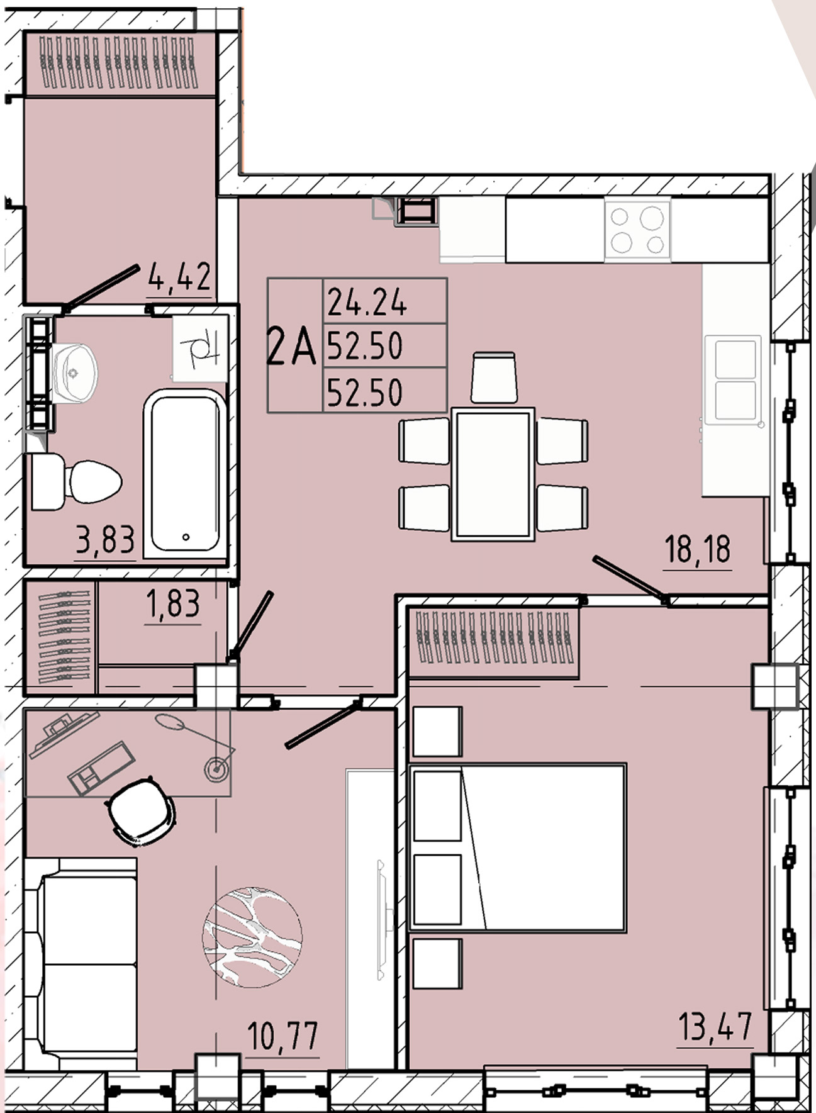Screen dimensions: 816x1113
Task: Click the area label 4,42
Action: [179, 277]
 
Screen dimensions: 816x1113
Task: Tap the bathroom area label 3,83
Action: [105, 540]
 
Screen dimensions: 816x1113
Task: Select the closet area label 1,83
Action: [172, 604]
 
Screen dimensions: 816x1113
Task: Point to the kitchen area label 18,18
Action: [698, 549]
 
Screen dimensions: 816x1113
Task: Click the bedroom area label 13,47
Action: [715, 1027]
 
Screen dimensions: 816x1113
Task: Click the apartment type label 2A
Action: [291, 347]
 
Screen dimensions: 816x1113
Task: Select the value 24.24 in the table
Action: [367, 303]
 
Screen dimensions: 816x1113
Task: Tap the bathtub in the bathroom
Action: [185, 473]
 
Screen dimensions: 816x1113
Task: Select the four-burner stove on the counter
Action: [637, 229]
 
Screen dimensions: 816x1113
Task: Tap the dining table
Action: [493, 474]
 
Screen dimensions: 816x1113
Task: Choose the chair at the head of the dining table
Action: [495, 377]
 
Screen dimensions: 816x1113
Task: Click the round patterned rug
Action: [252, 937]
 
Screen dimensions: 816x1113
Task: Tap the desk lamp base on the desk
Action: [215, 768]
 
